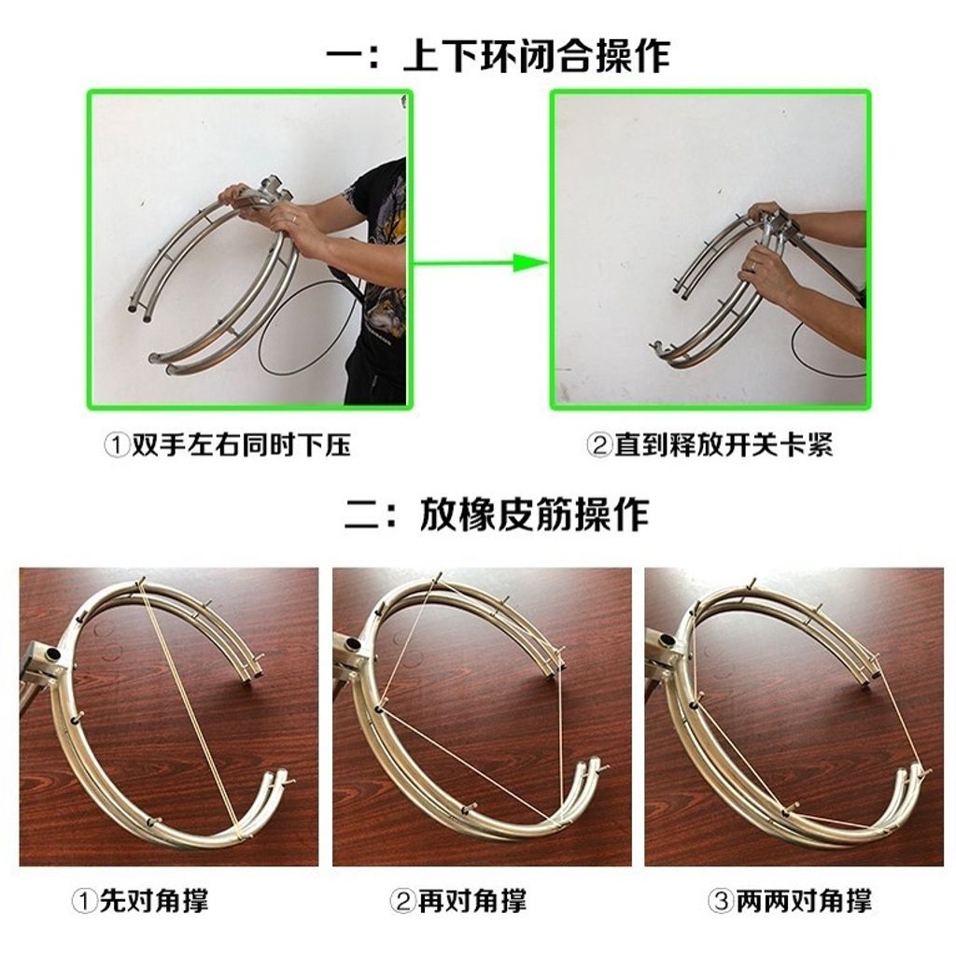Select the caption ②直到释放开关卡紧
[710, 445]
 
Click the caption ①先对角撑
[140, 901]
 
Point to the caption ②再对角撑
[457, 901]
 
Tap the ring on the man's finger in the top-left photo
[295, 218]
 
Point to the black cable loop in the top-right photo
[822, 355]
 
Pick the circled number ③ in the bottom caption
[722, 902]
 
